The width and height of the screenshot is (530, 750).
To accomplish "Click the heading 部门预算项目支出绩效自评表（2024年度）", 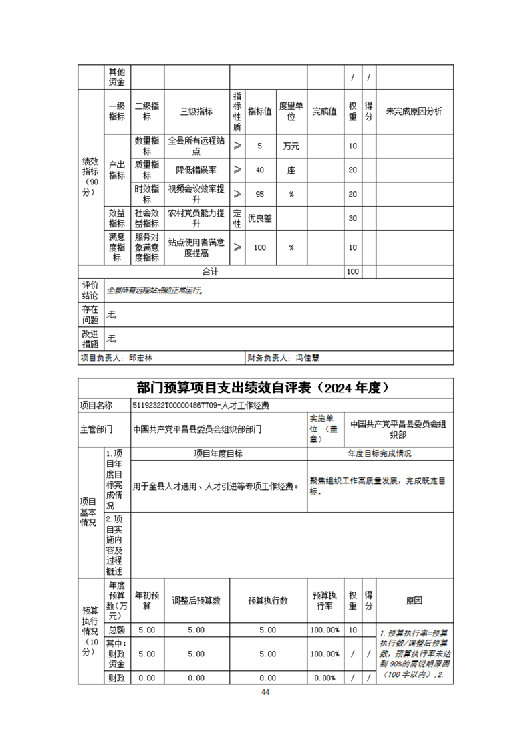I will [265, 388].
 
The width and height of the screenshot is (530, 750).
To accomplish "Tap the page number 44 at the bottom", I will [265, 692].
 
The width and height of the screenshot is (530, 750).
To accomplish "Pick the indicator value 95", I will [260, 194].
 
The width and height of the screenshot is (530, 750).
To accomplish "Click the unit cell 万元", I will [291, 146].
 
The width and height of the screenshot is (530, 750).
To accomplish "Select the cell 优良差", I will [260, 218].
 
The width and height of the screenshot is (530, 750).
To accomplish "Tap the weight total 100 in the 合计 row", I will [352, 272].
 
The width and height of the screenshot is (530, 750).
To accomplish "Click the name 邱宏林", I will [141, 358].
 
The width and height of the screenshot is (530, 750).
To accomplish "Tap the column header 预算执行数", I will [267, 601].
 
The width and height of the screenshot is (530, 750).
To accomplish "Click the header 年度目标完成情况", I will [380, 453].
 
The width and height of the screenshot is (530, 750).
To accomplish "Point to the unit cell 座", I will [291, 170].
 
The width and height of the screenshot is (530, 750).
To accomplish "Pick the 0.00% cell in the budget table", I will [324, 678].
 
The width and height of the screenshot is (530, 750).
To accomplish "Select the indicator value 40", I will [260, 170].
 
